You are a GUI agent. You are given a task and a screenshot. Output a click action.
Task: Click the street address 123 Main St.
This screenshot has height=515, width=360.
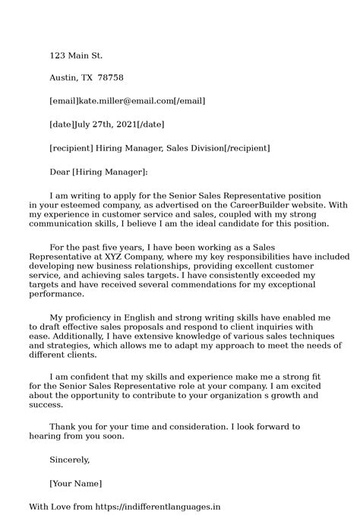click(76, 55)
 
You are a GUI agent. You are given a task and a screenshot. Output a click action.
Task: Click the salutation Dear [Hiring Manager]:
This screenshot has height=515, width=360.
click(99, 172)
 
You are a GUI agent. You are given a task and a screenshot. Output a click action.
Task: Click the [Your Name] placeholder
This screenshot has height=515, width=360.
click(76, 483)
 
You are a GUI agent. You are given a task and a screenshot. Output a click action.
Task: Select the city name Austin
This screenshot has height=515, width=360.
click(64, 78)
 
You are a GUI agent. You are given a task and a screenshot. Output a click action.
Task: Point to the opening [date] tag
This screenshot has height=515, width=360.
click(62, 124)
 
